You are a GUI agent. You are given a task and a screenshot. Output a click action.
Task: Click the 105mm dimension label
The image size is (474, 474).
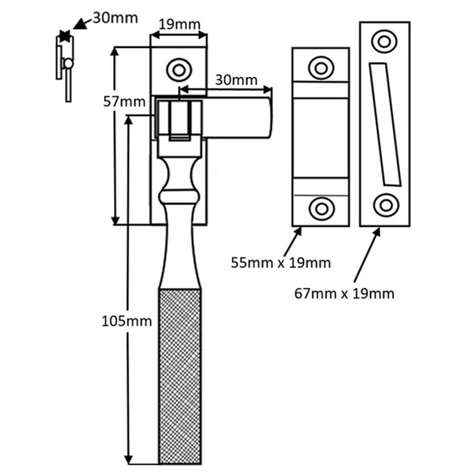click(127, 321)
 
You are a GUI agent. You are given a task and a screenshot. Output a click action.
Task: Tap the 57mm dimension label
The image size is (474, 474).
click(124, 102)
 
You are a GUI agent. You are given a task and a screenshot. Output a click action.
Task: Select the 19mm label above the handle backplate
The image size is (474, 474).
click(180, 25)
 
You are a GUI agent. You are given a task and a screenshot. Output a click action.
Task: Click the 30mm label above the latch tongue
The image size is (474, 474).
click(236, 80)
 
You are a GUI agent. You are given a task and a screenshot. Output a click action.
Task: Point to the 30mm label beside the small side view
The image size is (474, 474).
click(115, 18)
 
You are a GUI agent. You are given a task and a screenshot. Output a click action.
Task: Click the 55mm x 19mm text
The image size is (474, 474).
click(281, 263)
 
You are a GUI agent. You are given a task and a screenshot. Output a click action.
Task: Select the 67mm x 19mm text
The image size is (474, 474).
click(344, 294)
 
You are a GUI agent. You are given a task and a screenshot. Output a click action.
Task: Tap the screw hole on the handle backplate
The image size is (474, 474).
click(179, 70)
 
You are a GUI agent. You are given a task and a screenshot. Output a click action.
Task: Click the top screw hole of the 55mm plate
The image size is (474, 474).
click(321, 67)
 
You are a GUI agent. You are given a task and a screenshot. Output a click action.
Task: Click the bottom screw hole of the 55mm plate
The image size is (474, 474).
click(322, 209)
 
